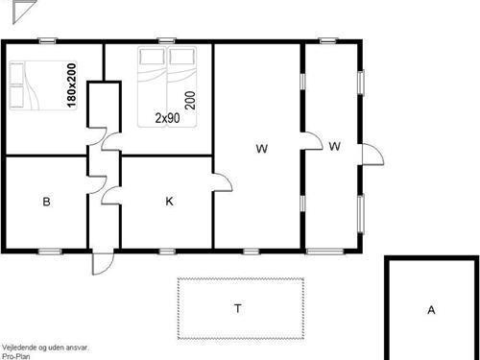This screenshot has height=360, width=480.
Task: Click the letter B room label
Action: [x=46, y=202]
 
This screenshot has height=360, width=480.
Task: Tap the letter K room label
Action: [x=169, y=202]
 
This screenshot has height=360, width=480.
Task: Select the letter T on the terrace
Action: [x=238, y=308]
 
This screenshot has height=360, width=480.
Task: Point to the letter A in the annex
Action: [x=431, y=310]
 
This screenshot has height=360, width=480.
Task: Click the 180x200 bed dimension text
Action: [x=72, y=85]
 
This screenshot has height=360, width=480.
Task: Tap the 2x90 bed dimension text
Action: [x=167, y=118]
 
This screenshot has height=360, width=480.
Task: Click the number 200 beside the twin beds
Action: [x=190, y=101]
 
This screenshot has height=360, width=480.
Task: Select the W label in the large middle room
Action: [x=262, y=149]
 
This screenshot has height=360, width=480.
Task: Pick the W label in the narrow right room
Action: [x=334, y=146]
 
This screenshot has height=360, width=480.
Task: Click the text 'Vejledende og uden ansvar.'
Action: [x=45, y=348]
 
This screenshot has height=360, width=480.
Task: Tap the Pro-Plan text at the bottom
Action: [x=16, y=356]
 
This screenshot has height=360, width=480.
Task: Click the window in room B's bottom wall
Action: [x=50, y=252]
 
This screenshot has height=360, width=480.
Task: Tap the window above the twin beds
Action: [x=166, y=40]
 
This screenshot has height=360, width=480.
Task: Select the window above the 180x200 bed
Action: [x=47, y=40]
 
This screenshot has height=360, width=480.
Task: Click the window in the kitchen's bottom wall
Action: [x=167, y=252]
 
